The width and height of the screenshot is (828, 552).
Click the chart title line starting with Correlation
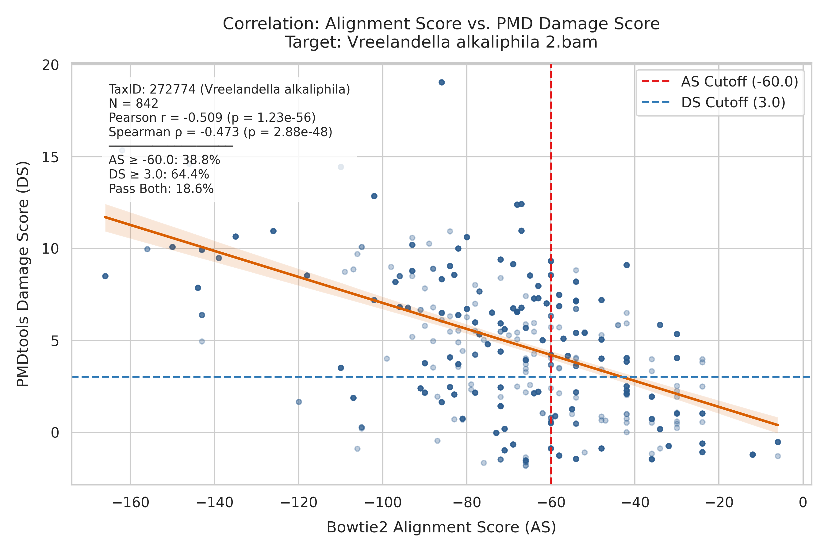pyautogui.click(x=441, y=24)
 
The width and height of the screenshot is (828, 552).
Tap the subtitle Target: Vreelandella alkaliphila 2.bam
pyautogui.click(x=441, y=42)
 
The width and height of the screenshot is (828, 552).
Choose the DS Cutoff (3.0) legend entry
pyautogui.click(x=714, y=102)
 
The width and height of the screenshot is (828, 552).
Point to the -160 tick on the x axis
pyautogui.click(x=130, y=502)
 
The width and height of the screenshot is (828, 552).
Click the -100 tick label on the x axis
pyautogui.click(x=383, y=502)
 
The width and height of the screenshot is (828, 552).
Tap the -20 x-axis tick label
pyautogui.click(x=719, y=502)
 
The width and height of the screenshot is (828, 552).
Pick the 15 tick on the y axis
pyautogui.click(x=50, y=157)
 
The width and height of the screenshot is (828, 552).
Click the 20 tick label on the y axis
pyautogui.click(x=50, y=65)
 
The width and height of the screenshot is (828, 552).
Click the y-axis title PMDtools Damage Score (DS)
pyautogui.click(x=23, y=274)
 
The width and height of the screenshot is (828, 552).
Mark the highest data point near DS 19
pyautogui.click(x=442, y=82)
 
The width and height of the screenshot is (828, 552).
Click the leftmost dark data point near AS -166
pyautogui.click(x=105, y=276)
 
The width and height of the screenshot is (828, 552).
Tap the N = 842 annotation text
pyautogui.click(x=133, y=104)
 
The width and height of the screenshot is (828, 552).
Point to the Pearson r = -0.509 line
pyautogui.click(x=212, y=117)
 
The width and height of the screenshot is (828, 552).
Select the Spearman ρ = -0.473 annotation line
pyautogui.click(x=220, y=132)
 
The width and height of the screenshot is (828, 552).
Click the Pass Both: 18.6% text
pyautogui.click(x=161, y=189)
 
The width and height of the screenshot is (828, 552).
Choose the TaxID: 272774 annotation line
pyautogui.click(x=229, y=90)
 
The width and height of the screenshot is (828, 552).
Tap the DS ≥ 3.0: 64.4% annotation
pyautogui.click(x=159, y=174)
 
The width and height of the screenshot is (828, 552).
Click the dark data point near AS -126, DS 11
pyautogui.click(x=273, y=231)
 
